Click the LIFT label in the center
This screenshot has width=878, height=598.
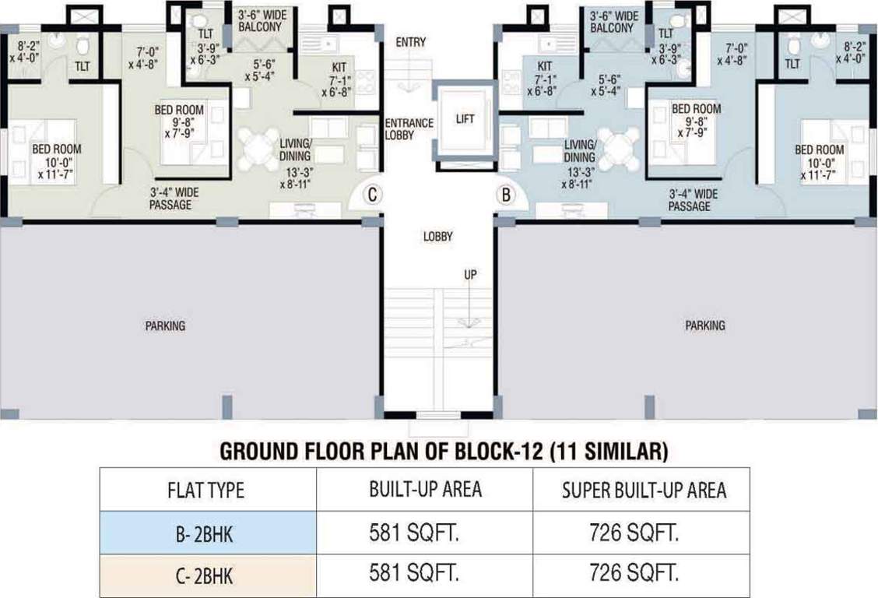[464, 119]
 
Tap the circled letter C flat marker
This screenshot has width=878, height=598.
[372, 195]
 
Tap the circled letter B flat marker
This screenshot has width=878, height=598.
[506, 195]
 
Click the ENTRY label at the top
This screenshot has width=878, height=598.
[410, 42]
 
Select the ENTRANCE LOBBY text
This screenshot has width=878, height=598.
[409, 129]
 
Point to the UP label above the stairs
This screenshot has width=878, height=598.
[470, 275]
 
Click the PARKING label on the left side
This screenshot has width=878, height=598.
[165, 325]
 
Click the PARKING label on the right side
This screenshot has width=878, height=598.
[704, 325]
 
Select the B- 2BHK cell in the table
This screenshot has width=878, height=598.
[207, 533]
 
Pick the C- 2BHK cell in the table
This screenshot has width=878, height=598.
[207, 576]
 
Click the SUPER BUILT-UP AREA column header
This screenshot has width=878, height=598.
[643, 490]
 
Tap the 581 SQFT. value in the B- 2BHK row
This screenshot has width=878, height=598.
[424, 533]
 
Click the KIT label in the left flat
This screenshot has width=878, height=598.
[339, 68]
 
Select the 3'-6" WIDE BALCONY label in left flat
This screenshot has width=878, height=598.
[263, 22]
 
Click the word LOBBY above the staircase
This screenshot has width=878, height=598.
[439, 236]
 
